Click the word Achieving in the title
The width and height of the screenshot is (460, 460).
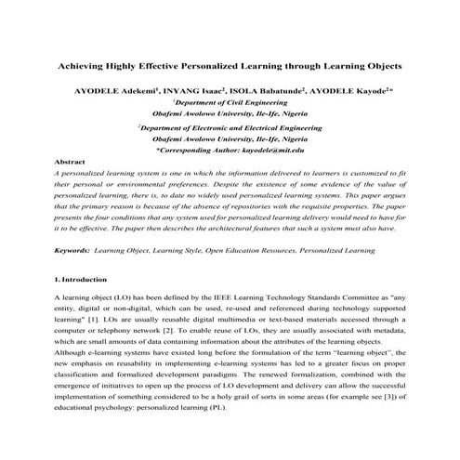(x=81, y=68)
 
